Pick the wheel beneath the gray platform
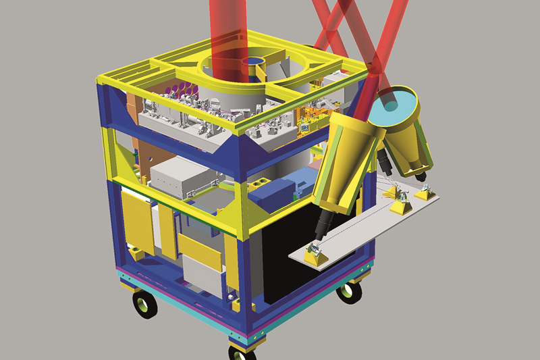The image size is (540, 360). coord(348,291)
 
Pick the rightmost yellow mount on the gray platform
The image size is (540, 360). coord(426,194)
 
